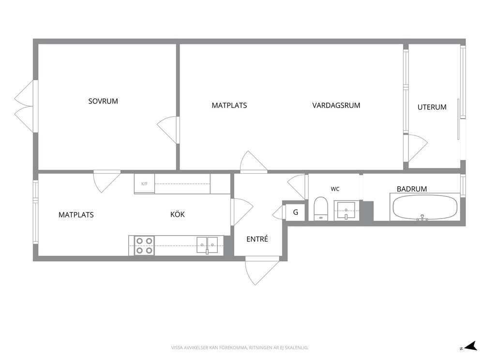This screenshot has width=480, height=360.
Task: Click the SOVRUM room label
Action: coord(103,101)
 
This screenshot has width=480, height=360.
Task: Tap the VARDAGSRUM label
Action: coord(336,105)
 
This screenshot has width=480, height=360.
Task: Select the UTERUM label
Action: coord(432,107)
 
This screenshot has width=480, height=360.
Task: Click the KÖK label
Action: coord(178,214)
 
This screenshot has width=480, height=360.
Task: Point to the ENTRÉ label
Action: coord(257,239)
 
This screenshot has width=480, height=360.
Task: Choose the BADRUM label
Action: coord(412,189)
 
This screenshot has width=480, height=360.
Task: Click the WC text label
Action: coord(335,189)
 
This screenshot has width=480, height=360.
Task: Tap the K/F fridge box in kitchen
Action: coord(144,184)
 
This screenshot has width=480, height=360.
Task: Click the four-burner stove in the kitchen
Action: coord(144,245)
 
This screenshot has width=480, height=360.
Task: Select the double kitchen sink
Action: coord(207,245)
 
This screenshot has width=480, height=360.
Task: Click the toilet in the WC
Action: coord(321,209)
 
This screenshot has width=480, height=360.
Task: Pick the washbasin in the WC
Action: coord(346,210)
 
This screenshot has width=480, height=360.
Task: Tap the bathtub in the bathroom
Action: coord(425,207)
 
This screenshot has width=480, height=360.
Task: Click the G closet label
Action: coord(296,212)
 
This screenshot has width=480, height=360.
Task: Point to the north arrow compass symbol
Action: coord(469,346)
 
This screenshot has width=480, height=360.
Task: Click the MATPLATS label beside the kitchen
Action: coord(76,214)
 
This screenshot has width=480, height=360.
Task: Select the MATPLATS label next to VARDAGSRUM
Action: coord(229,105)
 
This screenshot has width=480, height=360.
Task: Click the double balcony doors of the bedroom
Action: coord(26,106)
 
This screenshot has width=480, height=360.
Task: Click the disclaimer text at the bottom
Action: coord(240,348)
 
